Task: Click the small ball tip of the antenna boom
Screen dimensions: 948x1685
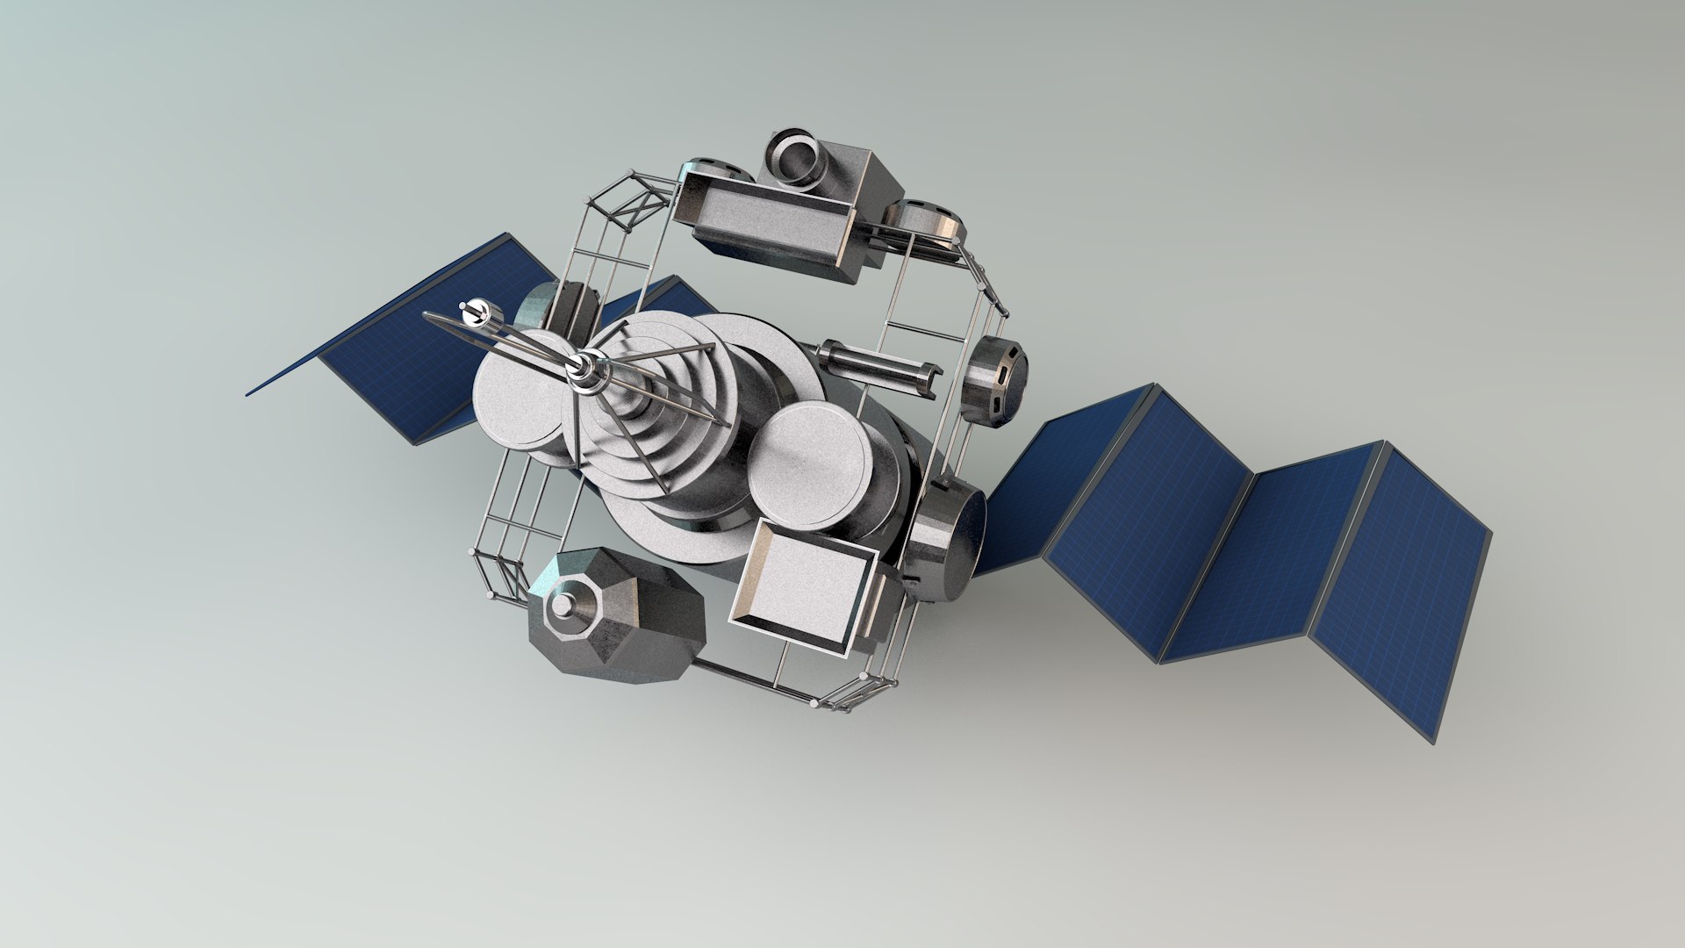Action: (x=475, y=310)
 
